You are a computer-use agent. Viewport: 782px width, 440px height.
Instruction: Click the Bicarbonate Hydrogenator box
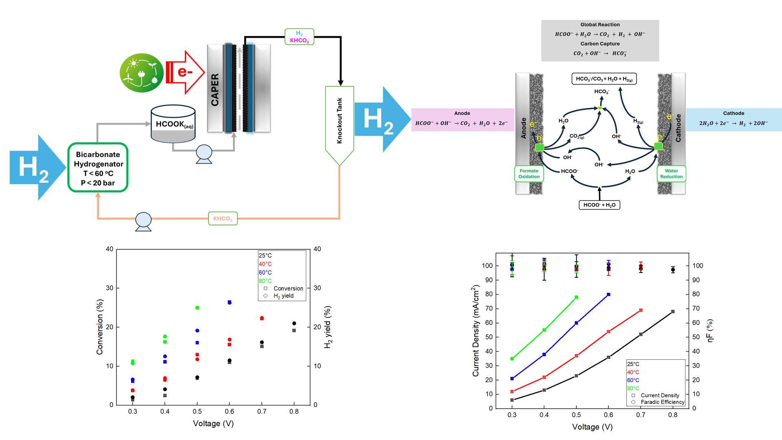pyautogui.click(x=98, y=167)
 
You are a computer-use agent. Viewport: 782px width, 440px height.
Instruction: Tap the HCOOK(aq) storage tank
pyautogui.click(x=173, y=124)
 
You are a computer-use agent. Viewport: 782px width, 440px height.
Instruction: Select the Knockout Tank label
pyautogui.click(x=339, y=121)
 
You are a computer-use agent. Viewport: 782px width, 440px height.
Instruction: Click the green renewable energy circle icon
pyautogui.click(x=141, y=73)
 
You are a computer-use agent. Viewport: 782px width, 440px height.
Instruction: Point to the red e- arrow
pyautogui.click(x=185, y=73)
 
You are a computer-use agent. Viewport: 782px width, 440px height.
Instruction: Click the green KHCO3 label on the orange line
pyautogui.click(x=223, y=218)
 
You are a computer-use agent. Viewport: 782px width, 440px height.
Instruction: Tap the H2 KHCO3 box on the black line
pyautogui.click(x=299, y=37)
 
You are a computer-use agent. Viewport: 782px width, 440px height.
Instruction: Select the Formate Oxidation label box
pyautogui.click(x=529, y=174)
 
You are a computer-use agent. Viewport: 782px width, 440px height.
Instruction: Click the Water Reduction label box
pyautogui.click(x=671, y=174)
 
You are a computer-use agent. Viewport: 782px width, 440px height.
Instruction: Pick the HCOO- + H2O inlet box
pyautogui.click(x=599, y=205)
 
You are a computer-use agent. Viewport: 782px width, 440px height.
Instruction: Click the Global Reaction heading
pyautogui.click(x=600, y=24)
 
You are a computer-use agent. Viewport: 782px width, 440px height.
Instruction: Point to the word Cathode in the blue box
pyautogui.click(x=734, y=113)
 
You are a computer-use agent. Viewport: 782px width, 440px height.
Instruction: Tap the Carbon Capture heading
pyautogui.click(x=600, y=44)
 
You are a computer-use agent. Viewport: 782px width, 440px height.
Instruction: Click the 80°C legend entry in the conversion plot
pyautogui.click(x=265, y=281)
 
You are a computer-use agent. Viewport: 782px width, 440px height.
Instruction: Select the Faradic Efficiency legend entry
pyautogui.click(x=662, y=402)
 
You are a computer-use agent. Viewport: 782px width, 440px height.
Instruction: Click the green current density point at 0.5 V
pyautogui.click(x=576, y=297)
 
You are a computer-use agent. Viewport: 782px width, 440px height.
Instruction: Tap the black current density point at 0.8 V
pyautogui.click(x=673, y=312)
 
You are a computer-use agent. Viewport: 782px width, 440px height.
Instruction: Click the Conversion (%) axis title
pyautogui.click(x=100, y=327)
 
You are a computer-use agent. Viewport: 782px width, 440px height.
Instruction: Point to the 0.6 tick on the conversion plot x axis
pyautogui.click(x=229, y=411)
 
